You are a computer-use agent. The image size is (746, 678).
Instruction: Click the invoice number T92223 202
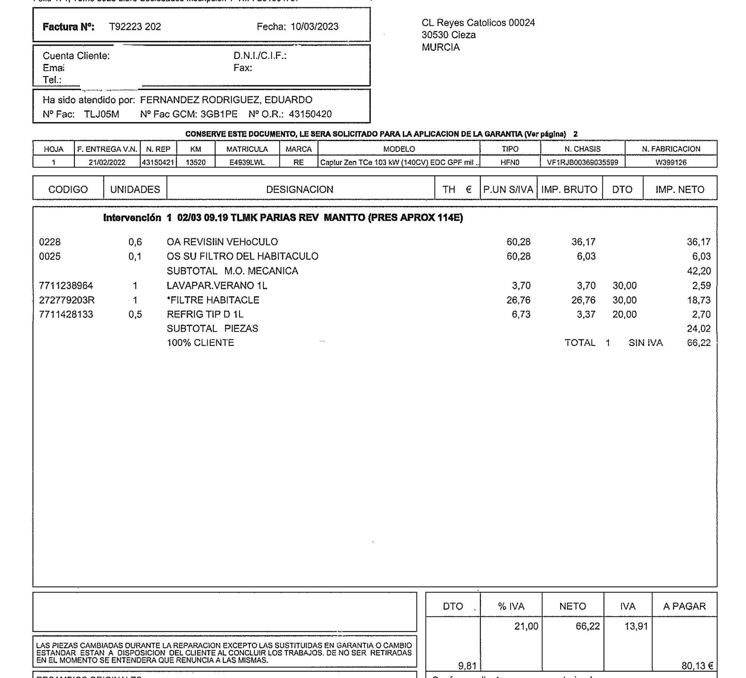tap(135, 27)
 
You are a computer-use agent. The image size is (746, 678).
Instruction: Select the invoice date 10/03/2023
tap(314, 27)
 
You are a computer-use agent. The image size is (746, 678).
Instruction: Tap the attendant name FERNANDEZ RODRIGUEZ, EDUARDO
tap(226, 100)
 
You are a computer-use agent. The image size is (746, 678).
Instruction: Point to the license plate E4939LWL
tap(247, 163)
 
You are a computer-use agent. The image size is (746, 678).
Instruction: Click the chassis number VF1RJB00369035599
tap(582, 163)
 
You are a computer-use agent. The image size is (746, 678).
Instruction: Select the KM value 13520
tap(195, 163)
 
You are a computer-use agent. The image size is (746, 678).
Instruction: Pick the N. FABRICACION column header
tap(671, 149)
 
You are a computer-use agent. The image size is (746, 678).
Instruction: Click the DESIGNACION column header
tap(300, 190)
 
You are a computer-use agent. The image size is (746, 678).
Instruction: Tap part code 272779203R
tap(67, 300)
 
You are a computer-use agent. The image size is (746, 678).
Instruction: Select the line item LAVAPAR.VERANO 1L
tap(217, 286)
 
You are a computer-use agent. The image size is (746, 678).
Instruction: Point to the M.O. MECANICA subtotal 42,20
tap(699, 271)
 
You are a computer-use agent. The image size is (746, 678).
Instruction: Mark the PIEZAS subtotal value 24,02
tap(699, 329)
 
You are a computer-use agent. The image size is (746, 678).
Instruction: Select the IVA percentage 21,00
tap(526, 627)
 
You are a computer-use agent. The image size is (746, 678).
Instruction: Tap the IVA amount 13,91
tap(636, 627)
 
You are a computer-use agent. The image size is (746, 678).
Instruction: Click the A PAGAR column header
tap(684, 606)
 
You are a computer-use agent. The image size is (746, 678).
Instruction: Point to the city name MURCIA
tap(441, 47)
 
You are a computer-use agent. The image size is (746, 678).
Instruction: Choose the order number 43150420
tap(310, 114)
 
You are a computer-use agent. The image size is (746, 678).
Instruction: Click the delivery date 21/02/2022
tap(107, 163)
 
